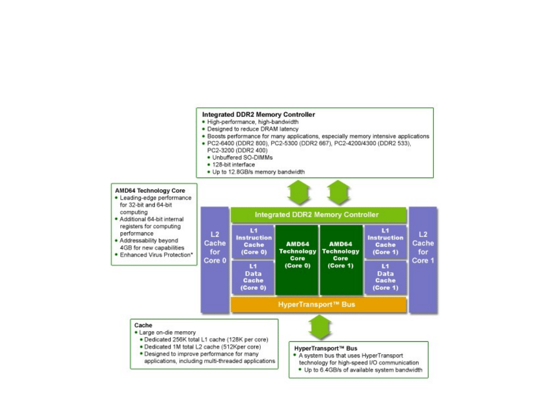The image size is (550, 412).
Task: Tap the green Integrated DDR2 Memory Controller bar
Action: point(318,215)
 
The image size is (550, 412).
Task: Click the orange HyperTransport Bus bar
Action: point(318,305)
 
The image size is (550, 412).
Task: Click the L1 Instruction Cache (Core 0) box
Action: point(253,242)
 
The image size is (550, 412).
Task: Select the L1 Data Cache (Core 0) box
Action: point(253,277)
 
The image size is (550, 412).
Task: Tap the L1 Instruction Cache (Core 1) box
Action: point(386,242)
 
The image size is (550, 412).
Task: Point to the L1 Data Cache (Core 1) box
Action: point(386,277)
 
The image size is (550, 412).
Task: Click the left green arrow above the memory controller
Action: point(298,193)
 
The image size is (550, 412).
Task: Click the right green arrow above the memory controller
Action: point(338,193)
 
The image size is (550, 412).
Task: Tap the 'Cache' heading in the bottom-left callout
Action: point(143,325)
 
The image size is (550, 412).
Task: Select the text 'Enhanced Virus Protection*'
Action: point(157,255)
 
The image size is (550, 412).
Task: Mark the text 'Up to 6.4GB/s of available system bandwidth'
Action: point(363,370)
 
